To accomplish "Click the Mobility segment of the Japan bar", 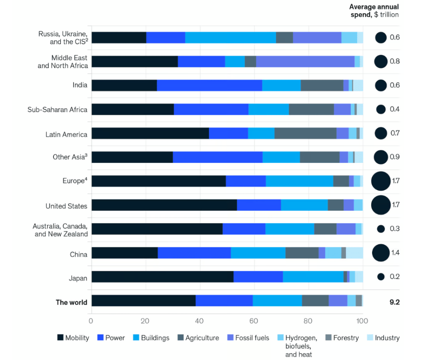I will click(162, 276).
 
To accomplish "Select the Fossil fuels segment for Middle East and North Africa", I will click(305, 61).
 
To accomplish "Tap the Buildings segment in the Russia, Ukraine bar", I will click(230, 37).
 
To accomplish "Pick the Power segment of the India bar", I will click(209, 85).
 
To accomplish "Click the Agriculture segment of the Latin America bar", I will click(305, 133).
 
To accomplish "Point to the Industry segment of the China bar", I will click(354, 253).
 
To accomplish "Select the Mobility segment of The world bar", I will click(144, 300).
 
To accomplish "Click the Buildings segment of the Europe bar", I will click(299, 181).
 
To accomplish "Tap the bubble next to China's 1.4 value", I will click(381, 253).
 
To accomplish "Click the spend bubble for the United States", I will click(381, 205).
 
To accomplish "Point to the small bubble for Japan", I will click(381, 277).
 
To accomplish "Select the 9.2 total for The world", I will click(394, 302).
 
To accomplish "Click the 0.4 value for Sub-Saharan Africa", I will click(394, 109).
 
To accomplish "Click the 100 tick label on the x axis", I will click(362, 321).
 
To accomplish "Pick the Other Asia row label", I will click(70, 157).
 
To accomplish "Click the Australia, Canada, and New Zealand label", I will click(60, 230).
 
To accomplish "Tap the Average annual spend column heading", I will click(374, 11).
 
